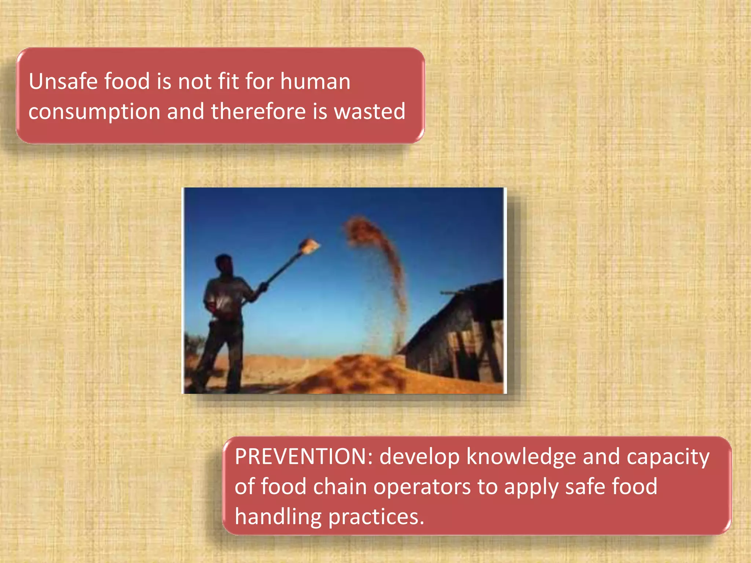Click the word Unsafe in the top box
[x=63, y=81]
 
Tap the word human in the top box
[x=315, y=81]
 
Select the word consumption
[x=94, y=112]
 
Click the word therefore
[x=258, y=111]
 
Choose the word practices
[x=376, y=517]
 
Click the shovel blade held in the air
[x=309, y=246]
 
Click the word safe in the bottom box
[x=585, y=487]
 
